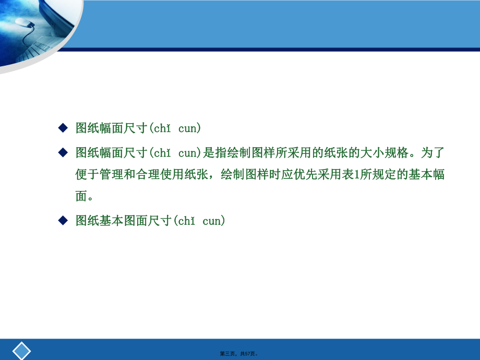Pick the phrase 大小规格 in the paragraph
391,152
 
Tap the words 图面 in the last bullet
136,221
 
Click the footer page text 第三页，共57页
239,354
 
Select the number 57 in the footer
247,354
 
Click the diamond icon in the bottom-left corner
22,350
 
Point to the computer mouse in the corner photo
23,22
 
